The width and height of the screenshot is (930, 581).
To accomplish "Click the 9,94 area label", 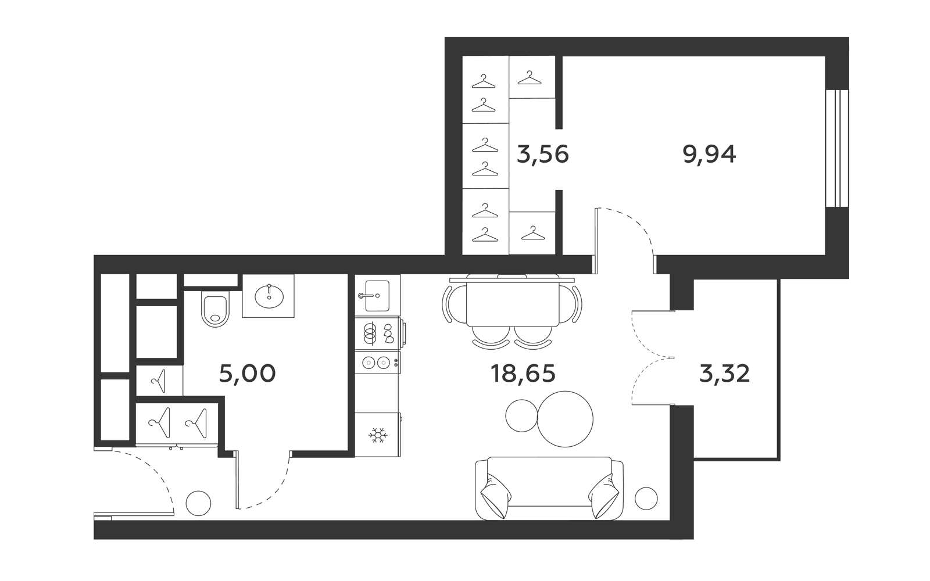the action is [x=709, y=155].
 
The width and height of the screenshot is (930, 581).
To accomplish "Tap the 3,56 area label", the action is [x=543, y=155].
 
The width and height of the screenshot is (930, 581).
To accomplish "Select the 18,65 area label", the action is [x=523, y=374].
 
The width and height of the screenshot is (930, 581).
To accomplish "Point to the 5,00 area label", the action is [x=248, y=374].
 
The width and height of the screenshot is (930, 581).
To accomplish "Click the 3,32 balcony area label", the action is [x=724, y=374].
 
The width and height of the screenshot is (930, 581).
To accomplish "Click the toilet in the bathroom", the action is [x=215, y=309].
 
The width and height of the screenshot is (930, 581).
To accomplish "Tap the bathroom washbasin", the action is [x=269, y=296].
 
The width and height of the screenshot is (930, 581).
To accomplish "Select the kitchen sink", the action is [x=377, y=296].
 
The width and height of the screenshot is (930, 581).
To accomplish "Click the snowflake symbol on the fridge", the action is [x=378, y=435].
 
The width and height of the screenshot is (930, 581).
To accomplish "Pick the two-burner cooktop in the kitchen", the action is [x=377, y=363].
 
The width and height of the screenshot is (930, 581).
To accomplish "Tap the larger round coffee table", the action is [x=564, y=419].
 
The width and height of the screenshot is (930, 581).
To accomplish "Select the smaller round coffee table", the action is [x=522, y=416].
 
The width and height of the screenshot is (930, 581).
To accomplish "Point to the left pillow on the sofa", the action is [x=496, y=496].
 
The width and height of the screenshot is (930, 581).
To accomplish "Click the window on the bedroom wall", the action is [x=837, y=148].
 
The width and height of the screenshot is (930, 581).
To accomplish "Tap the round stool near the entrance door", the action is [x=198, y=503].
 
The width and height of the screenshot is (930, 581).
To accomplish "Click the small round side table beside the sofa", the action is [x=646, y=498].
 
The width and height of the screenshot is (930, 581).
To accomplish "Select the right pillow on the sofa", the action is [x=603, y=496].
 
